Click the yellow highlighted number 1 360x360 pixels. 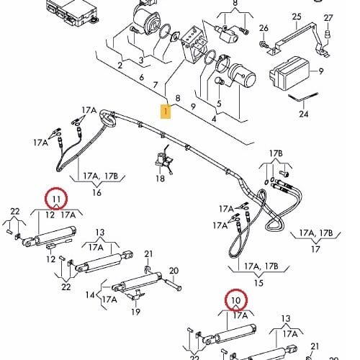tap(166, 112)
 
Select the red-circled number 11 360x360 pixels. tap(56, 199)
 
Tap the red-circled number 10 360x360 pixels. tap(236, 300)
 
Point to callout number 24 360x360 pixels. tap(304, 114)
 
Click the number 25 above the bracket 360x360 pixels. tap(297, 17)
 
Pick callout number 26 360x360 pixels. tap(264, 28)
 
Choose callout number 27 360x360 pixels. tap(328, 18)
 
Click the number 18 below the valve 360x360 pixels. tap(160, 179)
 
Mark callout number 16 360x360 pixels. tap(96, 192)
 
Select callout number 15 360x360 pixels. tap(258, 283)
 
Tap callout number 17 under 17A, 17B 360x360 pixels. tap(315, 249)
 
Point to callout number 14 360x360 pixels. tap(90, 294)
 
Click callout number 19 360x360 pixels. tap(135, 312)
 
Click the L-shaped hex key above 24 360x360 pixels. tap(303, 97)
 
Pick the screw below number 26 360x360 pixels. tap(263, 44)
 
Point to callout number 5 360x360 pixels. tap(219, 104)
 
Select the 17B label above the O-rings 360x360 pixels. tap(276, 153)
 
